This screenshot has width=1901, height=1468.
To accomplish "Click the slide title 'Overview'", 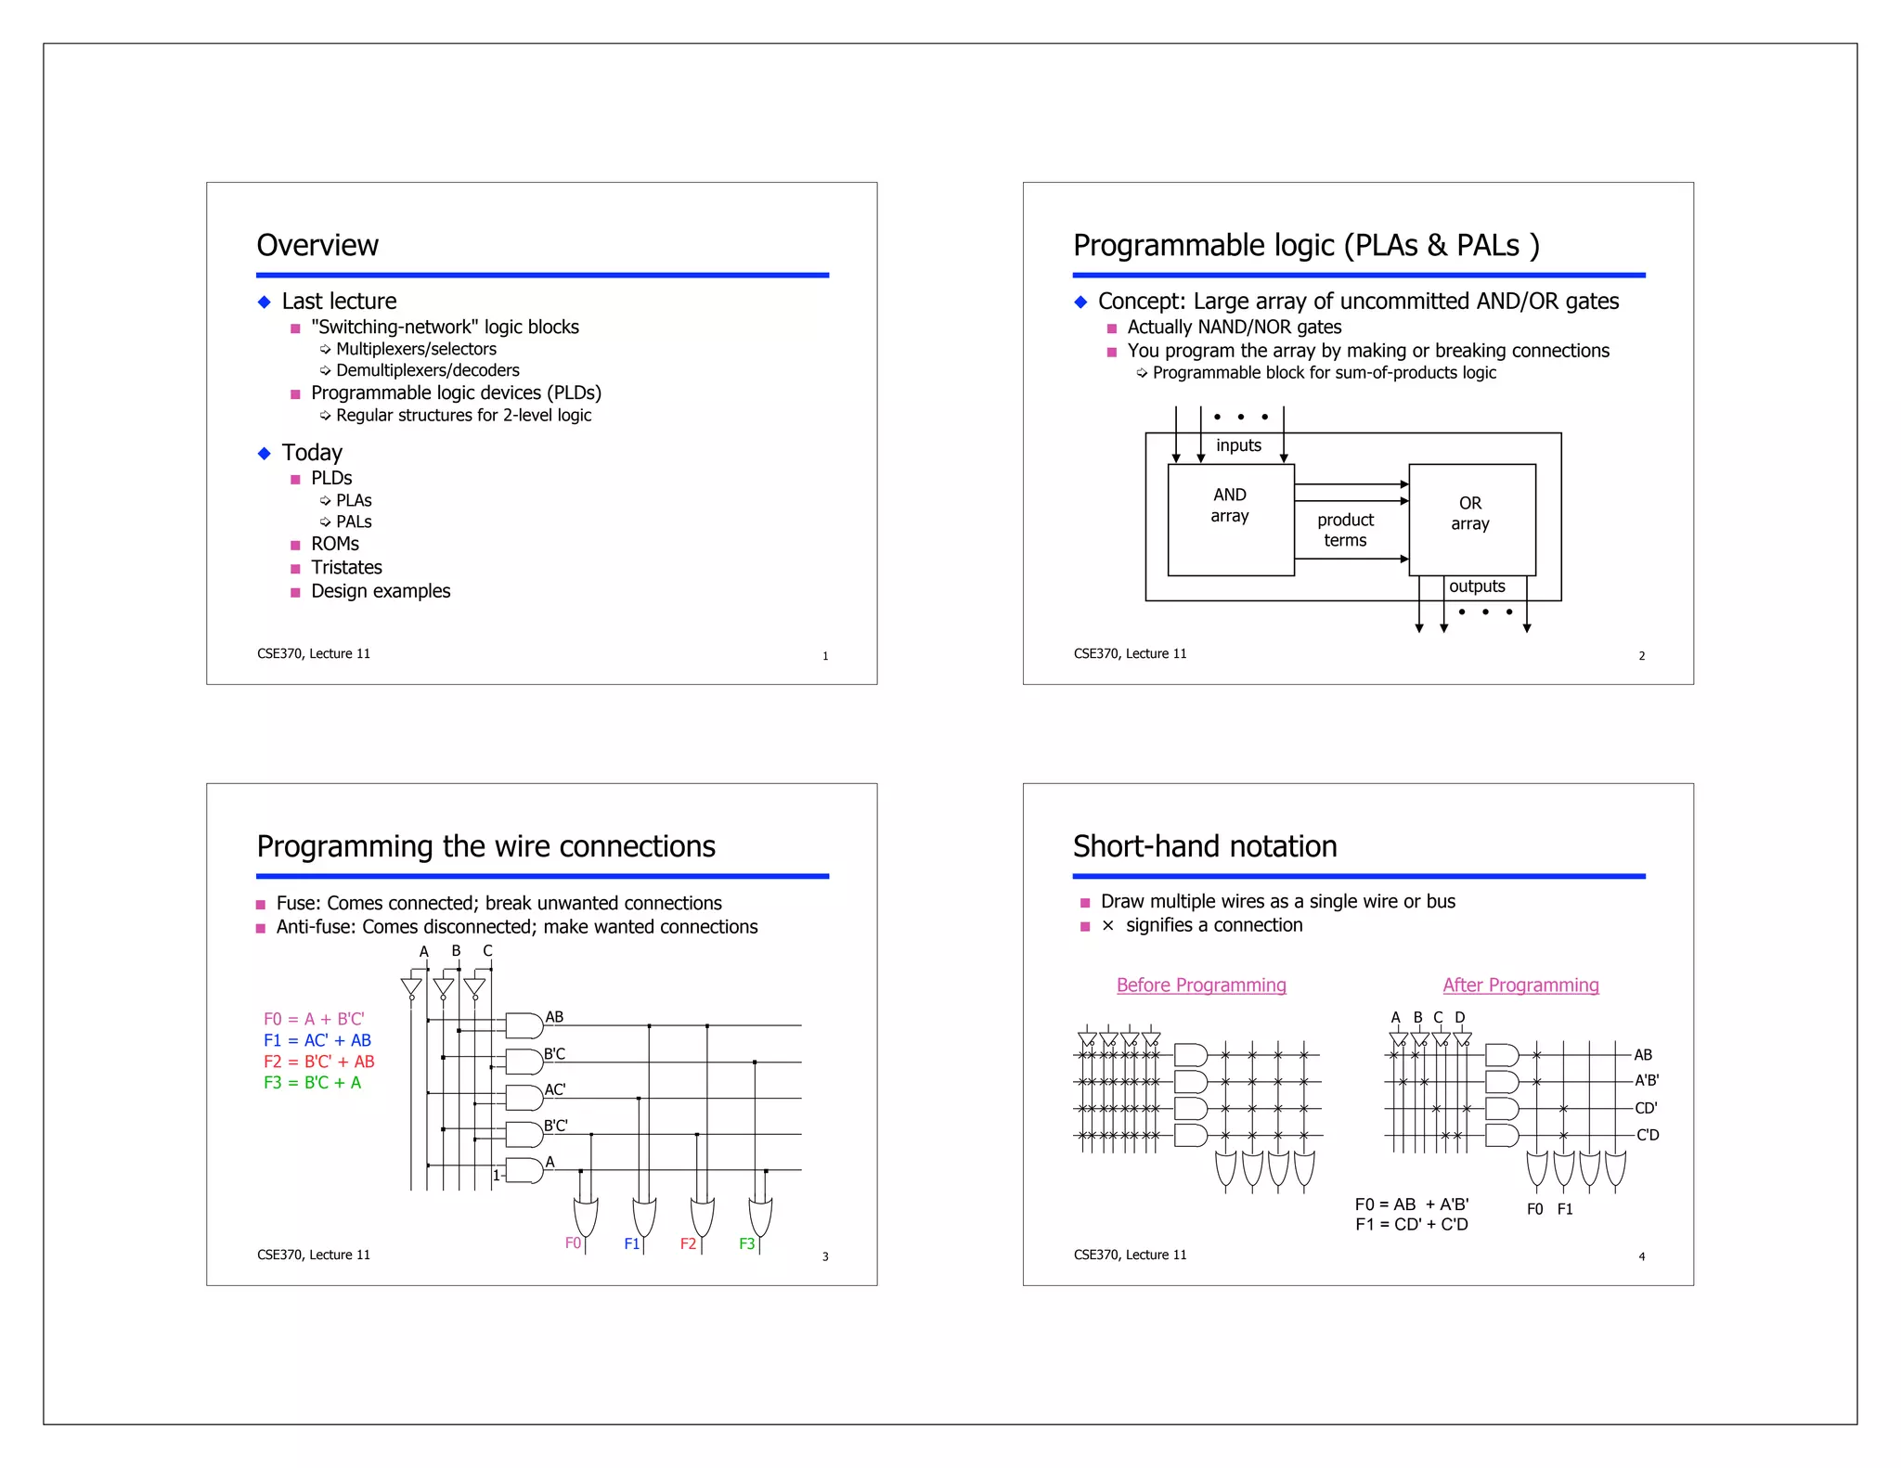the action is click(x=317, y=245).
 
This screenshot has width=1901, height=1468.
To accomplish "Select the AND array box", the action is click(x=1230, y=519).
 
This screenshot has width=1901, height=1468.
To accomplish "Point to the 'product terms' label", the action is click(x=1345, y=530).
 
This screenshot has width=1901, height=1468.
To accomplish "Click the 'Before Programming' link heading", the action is click(x=1201, y=985).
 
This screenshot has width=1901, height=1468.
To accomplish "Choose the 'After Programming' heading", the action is click(x=1520, y=985).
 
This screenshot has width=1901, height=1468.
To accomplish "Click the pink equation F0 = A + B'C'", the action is click(x=314, y=1019).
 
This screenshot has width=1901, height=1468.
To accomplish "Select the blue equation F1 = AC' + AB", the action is click(x=317, y=1040).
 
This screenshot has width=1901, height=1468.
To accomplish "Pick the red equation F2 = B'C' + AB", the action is click(x=319, y=1062).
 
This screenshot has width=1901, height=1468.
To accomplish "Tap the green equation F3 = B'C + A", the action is click(x=313, y=1083).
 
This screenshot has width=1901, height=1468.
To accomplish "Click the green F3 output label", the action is click(x=747, y=1243).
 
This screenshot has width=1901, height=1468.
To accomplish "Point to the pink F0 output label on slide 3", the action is click(x=573, y=1243).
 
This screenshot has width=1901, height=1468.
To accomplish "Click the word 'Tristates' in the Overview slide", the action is click(x=346, y=567).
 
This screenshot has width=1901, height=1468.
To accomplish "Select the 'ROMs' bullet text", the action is click(x=335, y=544).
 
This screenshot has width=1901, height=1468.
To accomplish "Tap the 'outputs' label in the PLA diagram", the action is click(x=1477, y=586).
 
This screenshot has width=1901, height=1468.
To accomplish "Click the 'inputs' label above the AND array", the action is click(x=1238, y=445).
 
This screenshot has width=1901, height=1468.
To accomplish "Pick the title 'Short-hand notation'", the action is click(x=1205, y=846).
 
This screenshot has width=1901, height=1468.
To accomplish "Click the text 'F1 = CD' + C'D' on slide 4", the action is click(x=1412, y=1225).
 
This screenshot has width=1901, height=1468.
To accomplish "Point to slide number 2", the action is click(x=1641, y=656).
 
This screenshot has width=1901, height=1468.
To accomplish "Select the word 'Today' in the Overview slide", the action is click(x=312, y=453).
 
